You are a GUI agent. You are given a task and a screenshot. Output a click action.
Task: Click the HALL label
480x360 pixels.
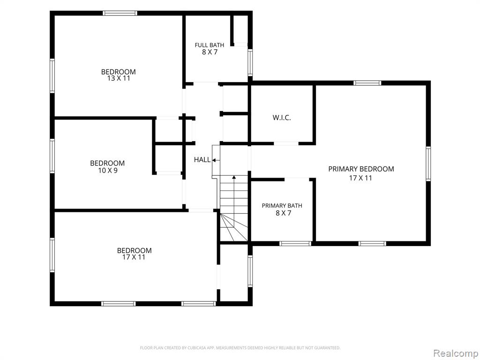pyautogui.click(x=202, y=159)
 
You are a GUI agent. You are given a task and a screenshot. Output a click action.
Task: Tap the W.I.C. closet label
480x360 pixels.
pyautogui.click(x=282, y=118)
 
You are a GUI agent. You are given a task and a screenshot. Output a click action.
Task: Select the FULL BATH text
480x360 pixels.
pyautogui.click(x=210, y=45)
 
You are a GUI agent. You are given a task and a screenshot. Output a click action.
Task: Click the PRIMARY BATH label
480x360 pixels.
pyautogui.click(x=282, y=206)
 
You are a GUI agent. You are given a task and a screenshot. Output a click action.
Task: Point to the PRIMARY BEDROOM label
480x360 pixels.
pyautogui.click(x=361, y=169)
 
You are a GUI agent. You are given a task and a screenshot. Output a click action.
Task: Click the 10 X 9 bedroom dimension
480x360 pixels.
pyautogui.click(x=108, y=171)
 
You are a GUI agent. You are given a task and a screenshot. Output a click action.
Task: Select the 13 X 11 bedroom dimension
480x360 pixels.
pyautogui.click(x=119, y=78)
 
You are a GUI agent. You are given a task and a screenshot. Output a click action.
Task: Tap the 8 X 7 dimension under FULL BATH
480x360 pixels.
pyautogui.click(x=210, y=52)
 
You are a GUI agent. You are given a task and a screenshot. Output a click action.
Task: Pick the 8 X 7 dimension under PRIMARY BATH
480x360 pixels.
pyautogui.click(x=284, y=213)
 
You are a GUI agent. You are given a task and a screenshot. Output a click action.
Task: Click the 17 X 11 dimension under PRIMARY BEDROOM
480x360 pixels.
pyautogui.click(x=360, y=178)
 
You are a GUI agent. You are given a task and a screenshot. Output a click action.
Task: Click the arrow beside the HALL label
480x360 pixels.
pyautogui.click(x=216, y=160)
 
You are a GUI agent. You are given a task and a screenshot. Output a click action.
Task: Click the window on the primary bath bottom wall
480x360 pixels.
pyautogui.click(x=295, y=244)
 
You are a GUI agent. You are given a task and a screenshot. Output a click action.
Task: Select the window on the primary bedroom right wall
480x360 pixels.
pyautogui.click(x=428, y=164)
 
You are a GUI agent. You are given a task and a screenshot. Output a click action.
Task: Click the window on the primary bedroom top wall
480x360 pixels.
pyautogui.click(x=367, y=83)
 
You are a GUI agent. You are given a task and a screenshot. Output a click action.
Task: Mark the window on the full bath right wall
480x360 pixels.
pyautogui.click(x=250, y=63)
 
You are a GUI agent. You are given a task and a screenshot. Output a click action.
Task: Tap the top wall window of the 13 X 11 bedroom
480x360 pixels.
pyautogui.click(x=120, y=13)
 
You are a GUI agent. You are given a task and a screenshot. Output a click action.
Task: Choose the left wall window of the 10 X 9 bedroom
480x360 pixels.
pyautogui.click(x=52, y=156)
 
